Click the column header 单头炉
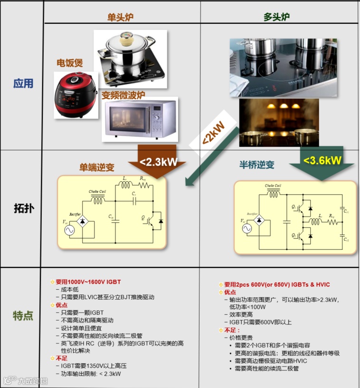(120, 17)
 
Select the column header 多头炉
(277, 17)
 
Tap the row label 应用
(23, 84)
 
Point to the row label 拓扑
(23, 208)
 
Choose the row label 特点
(23, 316)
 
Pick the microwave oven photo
(141, 119)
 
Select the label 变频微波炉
(123, 95)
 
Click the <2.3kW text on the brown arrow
(159, 161)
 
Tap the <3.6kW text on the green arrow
(323, 160)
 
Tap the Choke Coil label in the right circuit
(273, 186)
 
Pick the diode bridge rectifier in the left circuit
(83, 221)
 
